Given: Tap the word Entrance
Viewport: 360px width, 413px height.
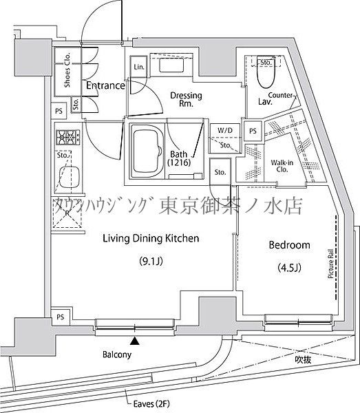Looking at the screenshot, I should (105, 86).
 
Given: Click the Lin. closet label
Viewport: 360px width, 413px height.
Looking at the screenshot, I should (138, 67).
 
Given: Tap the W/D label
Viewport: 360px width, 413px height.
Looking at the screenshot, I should (224, 130).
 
